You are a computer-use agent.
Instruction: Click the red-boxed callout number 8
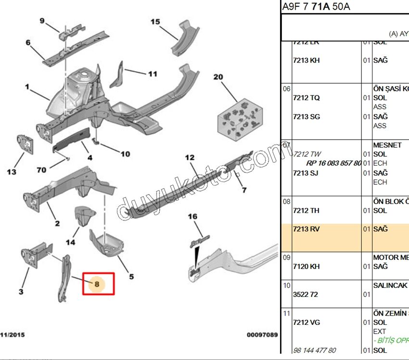point(98,284)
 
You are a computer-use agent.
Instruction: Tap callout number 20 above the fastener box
point(218,77)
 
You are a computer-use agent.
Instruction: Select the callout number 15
point(155,22)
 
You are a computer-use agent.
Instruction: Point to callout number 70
point(41,169)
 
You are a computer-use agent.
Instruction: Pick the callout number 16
point(192,217)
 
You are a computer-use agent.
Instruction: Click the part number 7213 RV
point(306,229)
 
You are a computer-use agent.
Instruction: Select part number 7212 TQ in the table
point(306,98)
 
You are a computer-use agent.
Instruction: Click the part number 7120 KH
point(306,266)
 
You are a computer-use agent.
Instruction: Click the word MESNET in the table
point(387,145)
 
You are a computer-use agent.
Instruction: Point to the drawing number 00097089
point(262,334)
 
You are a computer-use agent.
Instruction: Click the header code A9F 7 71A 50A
point(316,7)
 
